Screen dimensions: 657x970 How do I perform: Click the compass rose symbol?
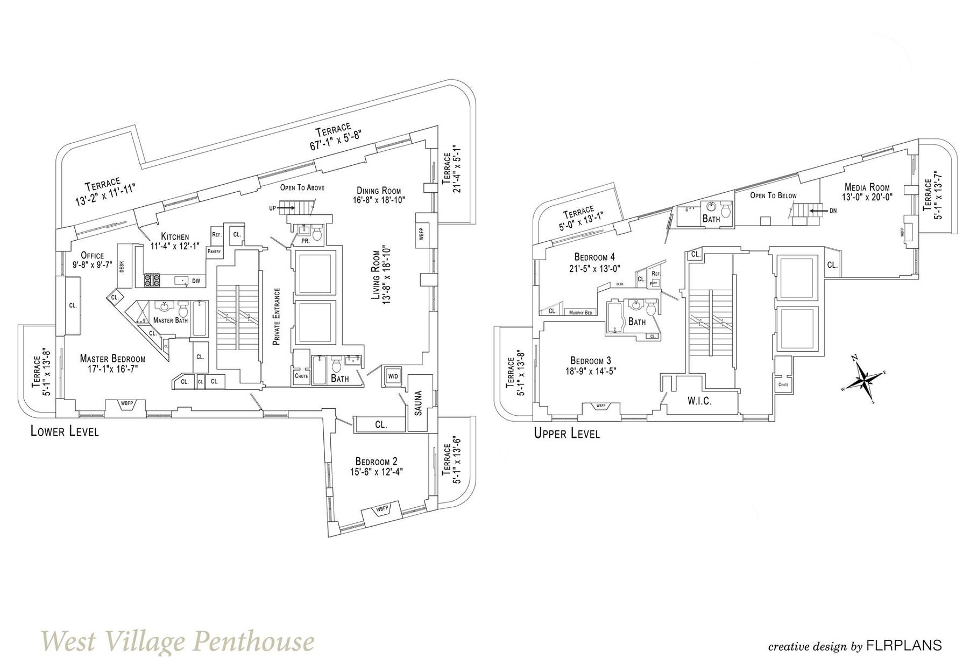pos(863,379)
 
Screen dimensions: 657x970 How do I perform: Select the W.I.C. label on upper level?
pos(699,401)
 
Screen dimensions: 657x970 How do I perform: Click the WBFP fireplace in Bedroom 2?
pos(381,509)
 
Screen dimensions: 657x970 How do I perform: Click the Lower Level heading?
pos(65,431)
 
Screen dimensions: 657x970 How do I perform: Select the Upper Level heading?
pos(567,433)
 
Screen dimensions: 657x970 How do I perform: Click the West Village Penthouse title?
pos(178,641)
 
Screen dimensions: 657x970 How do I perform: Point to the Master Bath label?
pos(171,320)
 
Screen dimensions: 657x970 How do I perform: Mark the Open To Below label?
pos(773,195)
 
